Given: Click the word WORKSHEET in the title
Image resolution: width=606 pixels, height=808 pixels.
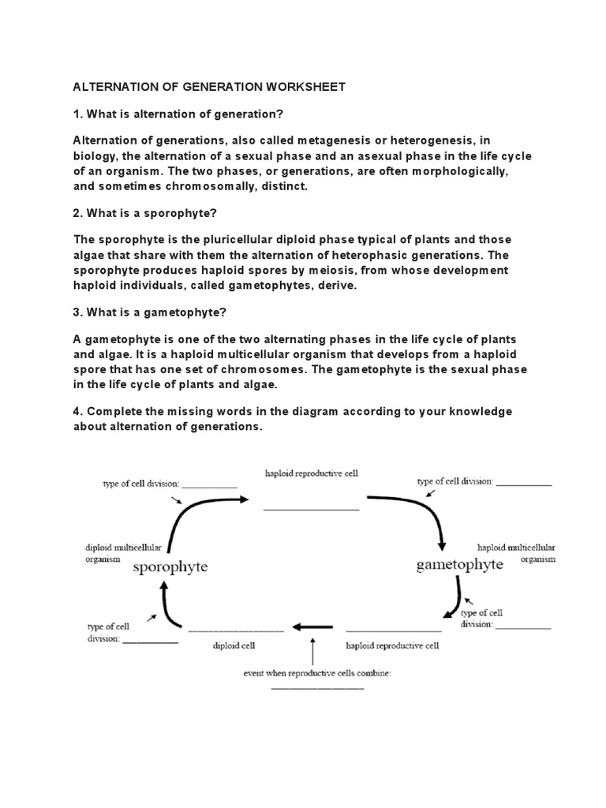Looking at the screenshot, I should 305,87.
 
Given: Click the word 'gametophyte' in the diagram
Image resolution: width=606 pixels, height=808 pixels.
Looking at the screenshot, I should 458,564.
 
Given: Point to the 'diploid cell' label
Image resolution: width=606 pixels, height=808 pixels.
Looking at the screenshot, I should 233,645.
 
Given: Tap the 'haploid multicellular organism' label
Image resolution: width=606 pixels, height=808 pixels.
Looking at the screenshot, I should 516,552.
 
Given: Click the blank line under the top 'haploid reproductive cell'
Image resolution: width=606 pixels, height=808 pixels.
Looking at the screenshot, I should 311,510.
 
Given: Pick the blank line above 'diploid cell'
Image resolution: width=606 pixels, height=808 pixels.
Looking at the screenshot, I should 235,630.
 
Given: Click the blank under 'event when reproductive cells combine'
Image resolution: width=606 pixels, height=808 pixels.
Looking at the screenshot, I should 317,688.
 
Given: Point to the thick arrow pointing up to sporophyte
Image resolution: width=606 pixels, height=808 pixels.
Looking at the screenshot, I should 164,604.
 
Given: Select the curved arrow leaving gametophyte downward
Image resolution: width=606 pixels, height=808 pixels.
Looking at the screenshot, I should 454,599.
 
